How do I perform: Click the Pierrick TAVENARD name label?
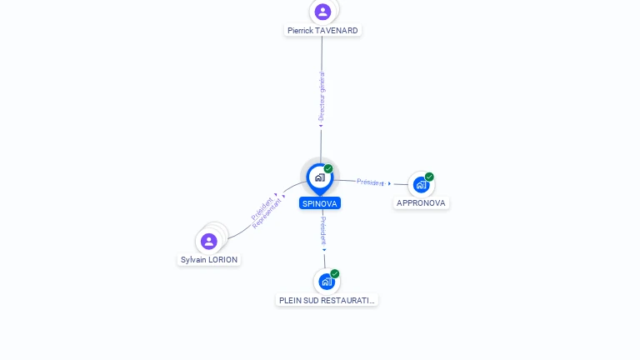[x=322, y=31]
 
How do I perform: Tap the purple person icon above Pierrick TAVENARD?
[x=322, y=12]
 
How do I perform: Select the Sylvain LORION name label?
[x=209, y=260]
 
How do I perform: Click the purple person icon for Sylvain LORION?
[x=208, y=241]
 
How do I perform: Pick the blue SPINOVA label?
[x=320, y=203]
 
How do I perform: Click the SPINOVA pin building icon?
[x=320, y=177]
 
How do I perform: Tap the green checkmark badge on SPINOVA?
[x=328, y=168]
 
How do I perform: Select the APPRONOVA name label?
[x=421, y=202]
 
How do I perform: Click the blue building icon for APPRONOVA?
[x=421, y=185]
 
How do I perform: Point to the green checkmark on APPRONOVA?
[x=429, y=177]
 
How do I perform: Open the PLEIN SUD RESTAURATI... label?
[x=327, y=300]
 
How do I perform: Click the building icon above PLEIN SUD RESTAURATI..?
[x=327, y=282]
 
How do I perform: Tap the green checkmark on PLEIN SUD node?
[x=335, y=274]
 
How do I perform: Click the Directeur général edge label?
[x=322, y=97]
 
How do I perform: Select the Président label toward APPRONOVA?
[x=370, y=182]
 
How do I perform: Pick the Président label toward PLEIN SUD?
[x=323, y=231]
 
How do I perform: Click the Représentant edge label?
[x=267, y=213]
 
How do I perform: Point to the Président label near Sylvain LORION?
[x=262, y=209]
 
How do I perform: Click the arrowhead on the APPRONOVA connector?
[x=389, y=183]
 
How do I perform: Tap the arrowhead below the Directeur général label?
[x=321, y=126]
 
